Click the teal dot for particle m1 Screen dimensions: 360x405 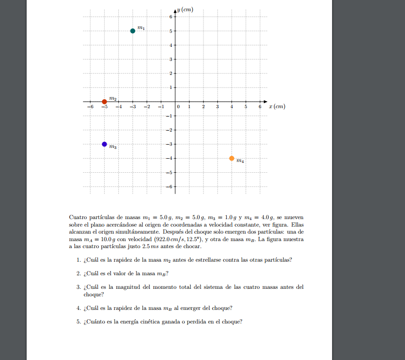(x=133, y=31)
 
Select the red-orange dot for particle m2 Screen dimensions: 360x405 (x=104, y=102)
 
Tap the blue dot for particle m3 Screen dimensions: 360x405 (x=104, y=144)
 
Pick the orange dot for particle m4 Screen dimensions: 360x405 (x=231, y=158)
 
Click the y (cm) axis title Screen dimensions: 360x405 (x=186, y=10)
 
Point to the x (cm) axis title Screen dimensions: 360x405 (x=277, y=107)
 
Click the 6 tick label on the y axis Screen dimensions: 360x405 (x=170, y=17)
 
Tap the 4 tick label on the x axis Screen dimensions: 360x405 (x=231, y=107)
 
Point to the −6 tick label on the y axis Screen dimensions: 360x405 (x=169, y=187)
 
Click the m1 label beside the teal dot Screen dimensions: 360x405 (x=141, y=29)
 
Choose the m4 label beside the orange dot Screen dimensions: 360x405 (x=240, y=161)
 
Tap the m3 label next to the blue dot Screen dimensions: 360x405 (x=113, y=147)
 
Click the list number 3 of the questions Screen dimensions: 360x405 (x=79, y=287)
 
